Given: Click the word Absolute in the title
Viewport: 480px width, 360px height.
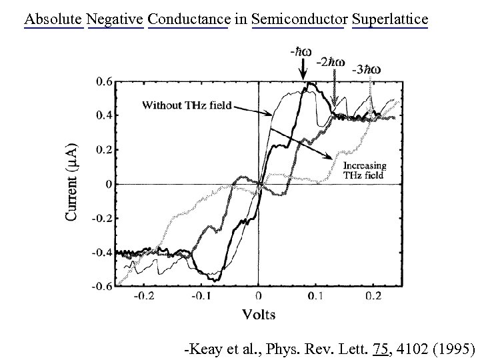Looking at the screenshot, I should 53,19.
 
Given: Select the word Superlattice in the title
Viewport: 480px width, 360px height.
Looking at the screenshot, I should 390,19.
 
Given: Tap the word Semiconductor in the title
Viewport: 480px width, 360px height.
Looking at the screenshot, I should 298,19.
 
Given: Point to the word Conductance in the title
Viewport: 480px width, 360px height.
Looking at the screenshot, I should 188,19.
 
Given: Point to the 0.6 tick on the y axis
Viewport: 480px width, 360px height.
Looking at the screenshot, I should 104,82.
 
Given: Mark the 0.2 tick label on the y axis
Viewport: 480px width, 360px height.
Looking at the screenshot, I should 104,150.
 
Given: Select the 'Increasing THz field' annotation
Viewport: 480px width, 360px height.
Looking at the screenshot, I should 364,171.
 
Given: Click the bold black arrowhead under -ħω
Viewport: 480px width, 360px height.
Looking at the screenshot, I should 304,77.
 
